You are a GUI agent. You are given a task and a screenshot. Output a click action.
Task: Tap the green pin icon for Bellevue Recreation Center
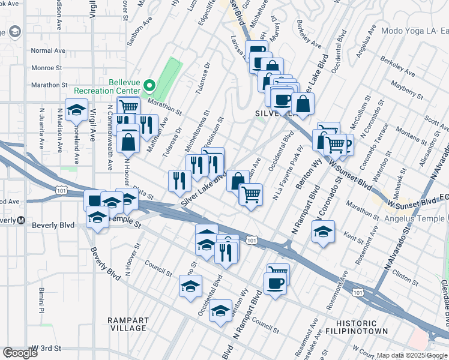click(150, 85)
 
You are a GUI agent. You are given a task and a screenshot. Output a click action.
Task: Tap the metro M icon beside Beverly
click(21, 220)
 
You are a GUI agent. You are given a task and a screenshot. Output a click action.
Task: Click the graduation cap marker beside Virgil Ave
click(76, 111)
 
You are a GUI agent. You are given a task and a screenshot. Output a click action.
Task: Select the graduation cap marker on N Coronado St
click(323, 232)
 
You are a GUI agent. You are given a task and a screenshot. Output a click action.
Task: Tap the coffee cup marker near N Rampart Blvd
click(276, 284)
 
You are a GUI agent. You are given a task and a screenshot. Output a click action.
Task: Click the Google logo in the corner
click(20, 353)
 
